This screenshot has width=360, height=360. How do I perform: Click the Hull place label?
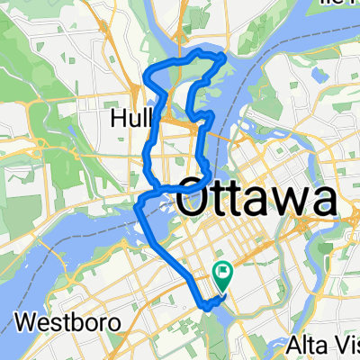click(x=133, y=119)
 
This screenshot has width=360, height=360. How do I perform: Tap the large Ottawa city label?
click(x=257, y=200)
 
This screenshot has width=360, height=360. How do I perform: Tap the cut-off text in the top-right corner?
click(x=337, y=4)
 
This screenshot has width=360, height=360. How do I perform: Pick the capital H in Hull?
click(x=119, y=119)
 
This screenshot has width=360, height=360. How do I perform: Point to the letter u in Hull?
click(x=132, y=120)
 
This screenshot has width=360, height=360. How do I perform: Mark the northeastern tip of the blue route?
click(x=224, y=58)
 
